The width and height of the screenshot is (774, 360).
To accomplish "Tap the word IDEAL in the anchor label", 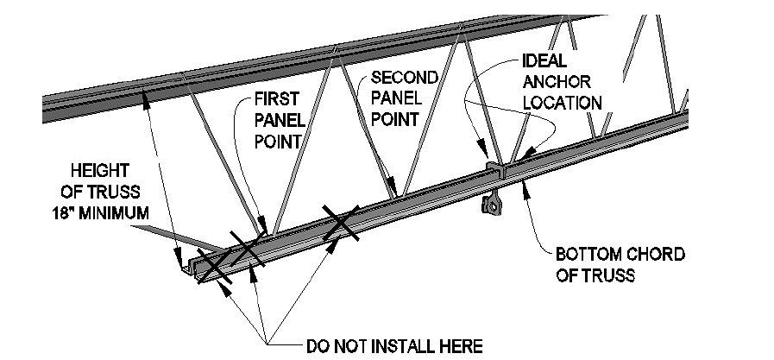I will click(544, 64).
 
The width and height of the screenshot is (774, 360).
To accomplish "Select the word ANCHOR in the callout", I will click(555, 83).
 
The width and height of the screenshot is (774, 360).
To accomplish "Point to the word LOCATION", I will click(562, 102).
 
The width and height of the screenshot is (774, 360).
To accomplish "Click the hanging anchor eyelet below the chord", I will click(493, 205).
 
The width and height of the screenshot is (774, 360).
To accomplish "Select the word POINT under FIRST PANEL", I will click(278, 139).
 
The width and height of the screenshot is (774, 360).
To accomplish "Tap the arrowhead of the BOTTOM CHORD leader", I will click(525, 191).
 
